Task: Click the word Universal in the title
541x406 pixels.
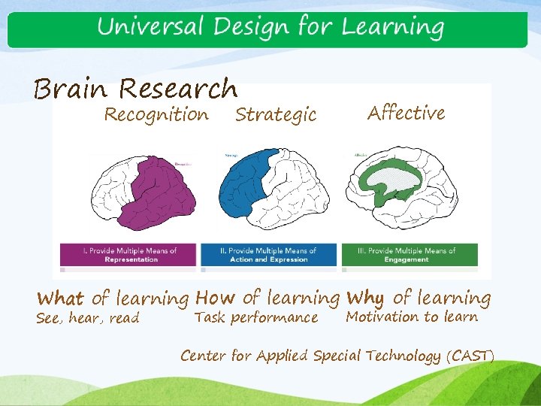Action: (x=150, y=28)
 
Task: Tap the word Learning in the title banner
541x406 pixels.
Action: (x=392, y=28)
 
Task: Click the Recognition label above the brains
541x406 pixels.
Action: (x=156, y=114)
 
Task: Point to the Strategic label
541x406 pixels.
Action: (x=276, y=115)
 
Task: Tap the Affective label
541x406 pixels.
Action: (x=406, y=113)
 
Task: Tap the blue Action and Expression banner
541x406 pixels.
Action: (x=268, y=255)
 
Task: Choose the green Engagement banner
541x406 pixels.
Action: (x=410, y=255)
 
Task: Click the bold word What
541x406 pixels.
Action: (x=60, y=298)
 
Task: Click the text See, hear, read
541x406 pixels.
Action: (x=88, y=318)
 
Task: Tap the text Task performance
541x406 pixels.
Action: (x=255, y=317)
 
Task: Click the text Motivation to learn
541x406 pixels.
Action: (x=412, y=317)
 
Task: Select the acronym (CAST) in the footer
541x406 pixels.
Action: (x=470, y=356)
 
